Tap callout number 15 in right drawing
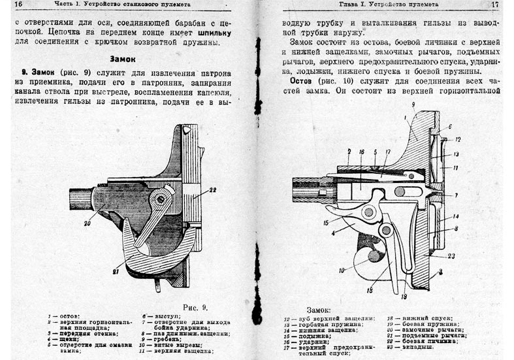click(325, 223)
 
